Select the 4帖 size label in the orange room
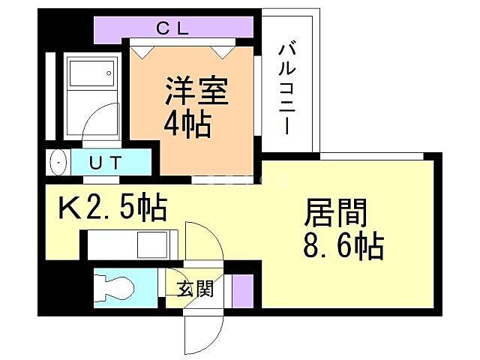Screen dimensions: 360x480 pos(187,122)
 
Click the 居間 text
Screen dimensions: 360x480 pos(336,214)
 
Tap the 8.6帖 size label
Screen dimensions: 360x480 pos(344,245)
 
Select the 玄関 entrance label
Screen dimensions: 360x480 pos(195,289)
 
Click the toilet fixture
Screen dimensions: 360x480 pos(115,287)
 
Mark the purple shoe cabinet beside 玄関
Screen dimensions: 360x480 pos(242,290)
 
